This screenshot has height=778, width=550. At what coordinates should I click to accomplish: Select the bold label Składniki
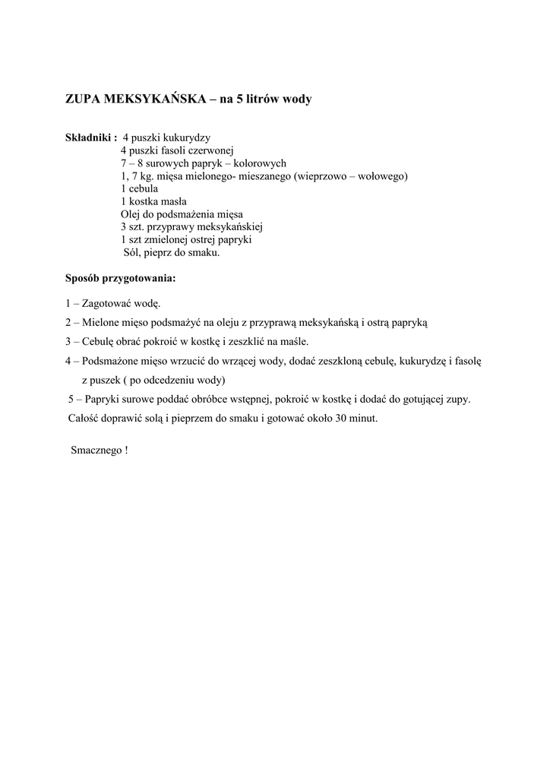tap(90, 138)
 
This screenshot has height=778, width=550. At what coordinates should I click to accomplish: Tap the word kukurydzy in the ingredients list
tap(179, 138)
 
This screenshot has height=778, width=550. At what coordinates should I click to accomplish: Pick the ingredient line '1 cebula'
tap(139, 188)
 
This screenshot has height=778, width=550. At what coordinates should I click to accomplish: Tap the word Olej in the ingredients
tap(131, 214)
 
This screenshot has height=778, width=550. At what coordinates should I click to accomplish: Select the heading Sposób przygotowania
tap(120, 278)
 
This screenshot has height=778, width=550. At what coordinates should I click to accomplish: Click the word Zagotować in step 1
tap(107, 303)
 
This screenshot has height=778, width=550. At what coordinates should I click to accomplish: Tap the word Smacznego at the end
tap(95, 449)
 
